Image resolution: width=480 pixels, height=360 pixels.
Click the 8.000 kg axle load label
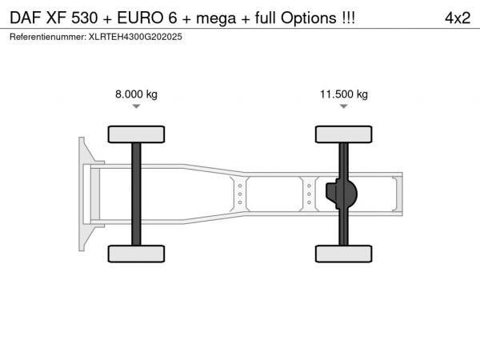(136, 94)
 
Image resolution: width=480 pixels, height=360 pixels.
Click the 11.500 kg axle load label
(344, 94)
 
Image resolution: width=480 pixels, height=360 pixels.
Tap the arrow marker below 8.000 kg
(136, 106)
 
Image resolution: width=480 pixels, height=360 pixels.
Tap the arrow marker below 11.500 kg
(344, 106)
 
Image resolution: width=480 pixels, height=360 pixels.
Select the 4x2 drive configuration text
(458, 18)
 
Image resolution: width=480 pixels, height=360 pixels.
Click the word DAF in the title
(25, 18)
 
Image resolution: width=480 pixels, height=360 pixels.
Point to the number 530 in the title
(85, 18)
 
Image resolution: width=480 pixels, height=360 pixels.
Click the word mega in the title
(216, 18)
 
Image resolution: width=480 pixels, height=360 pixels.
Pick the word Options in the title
(309, 18)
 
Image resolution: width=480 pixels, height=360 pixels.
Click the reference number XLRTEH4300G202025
(135, 37)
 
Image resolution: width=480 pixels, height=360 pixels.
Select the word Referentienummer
(48, 37)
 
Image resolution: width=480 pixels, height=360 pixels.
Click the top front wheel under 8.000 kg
(136, 134)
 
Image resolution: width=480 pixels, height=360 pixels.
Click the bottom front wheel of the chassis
(136, 254)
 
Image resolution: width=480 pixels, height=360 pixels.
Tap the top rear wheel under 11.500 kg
(344, 134)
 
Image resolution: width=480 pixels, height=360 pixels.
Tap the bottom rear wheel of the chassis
(344, 254)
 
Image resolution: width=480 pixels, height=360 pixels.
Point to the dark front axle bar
(136, 194)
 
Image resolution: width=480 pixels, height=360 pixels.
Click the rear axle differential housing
(342, 194)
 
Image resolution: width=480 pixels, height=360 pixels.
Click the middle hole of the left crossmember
(240, 194)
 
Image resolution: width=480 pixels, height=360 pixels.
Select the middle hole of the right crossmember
(309, 194)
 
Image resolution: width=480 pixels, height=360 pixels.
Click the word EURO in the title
(140, 18)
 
